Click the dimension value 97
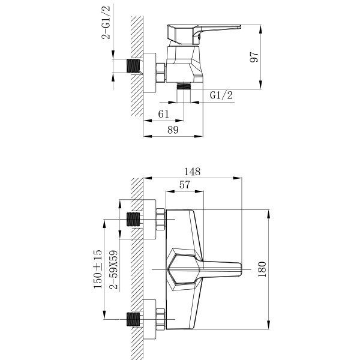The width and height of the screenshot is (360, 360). [254, 58]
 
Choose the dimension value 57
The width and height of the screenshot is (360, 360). [184, 185]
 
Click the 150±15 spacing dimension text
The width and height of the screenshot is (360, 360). [98, 270]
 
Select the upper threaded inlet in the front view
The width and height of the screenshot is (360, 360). [134, 220]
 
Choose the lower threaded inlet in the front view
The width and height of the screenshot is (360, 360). [134, 319]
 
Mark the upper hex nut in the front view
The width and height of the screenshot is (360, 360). [160, 220]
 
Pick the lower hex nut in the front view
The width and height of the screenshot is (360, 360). [160, 319]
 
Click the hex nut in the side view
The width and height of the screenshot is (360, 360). [160, 71]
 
